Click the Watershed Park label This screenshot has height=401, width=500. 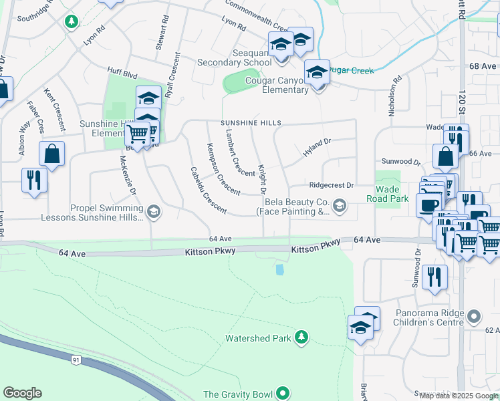point(258,338)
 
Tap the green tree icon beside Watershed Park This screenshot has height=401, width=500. point(303,337)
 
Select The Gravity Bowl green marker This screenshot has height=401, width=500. point(283,394)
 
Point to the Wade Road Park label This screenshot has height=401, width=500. point(388,194)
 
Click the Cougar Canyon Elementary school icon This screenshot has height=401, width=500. point(317,71)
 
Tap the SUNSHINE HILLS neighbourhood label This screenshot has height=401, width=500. point(252,124)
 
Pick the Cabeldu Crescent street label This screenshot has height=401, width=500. point(208,189)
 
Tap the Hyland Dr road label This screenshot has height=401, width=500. point(317,148)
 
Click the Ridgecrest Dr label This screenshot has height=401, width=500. point(330,184)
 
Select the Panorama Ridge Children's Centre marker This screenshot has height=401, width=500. point(474,315)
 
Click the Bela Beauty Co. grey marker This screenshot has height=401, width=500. point(340,206)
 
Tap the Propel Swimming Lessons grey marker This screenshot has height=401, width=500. point(154,213)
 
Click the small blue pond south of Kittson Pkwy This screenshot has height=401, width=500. point(279,269)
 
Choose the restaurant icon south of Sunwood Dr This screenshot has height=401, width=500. point(435,276)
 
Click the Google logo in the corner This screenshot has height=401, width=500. point(22,393)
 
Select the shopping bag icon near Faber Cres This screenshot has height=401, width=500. point(51,154)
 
